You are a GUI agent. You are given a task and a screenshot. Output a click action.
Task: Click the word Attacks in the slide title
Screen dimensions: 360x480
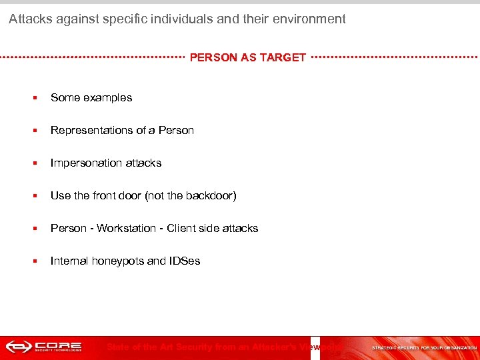click(29, 19)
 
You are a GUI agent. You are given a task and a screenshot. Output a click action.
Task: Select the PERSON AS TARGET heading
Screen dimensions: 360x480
click(248, 57)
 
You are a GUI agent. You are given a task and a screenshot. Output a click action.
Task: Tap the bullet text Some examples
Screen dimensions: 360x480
click(91, 97)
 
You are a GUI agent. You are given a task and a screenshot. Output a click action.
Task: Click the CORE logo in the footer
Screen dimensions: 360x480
click(43, 347)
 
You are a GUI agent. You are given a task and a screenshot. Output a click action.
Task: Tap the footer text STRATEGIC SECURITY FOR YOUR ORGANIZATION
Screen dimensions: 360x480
click(424, 347)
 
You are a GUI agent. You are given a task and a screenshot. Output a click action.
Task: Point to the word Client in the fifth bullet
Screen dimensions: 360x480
click(182, 228)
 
